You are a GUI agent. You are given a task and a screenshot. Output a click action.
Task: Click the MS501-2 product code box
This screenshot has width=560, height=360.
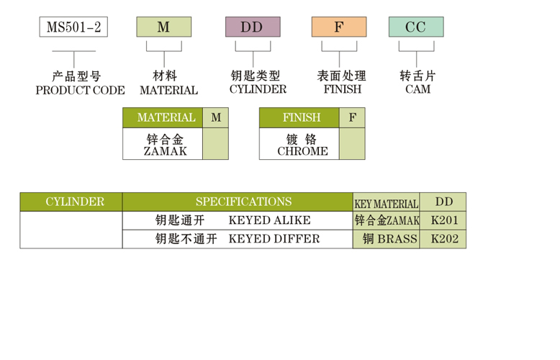tap(73, 27)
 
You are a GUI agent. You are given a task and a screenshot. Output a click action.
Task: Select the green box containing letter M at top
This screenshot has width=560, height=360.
tap(163, 27)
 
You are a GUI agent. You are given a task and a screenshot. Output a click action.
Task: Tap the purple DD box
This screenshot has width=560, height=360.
tap(252, 27)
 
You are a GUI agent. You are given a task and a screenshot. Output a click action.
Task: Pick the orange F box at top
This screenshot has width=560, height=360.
tap(338, 27)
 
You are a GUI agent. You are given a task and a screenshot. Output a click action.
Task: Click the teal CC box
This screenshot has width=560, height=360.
tap(416, 27)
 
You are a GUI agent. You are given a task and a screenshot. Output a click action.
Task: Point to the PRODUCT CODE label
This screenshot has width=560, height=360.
tap(80, 91)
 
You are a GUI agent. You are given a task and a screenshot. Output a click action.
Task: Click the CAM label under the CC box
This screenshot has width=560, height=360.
tap(417, 90)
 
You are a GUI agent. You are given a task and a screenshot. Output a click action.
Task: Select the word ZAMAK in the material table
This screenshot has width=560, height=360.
tap(165, 151)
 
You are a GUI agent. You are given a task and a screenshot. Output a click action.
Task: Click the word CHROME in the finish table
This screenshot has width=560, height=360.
tap(302, 151)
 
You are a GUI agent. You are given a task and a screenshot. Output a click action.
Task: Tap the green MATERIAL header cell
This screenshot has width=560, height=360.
tap(166, 117)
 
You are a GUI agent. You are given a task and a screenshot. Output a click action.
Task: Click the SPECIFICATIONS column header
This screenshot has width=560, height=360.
tap(243, 202)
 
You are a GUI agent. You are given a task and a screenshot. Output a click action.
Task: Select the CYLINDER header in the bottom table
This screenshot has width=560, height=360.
tap(75, 202)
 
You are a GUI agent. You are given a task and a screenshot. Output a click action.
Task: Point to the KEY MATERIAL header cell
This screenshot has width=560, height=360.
tap(386, 204)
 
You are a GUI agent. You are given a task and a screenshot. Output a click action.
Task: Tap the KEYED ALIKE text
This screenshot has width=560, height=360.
tap(269, 220)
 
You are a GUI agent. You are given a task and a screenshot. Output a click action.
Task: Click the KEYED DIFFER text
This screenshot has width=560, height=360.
tap(274, 238)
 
